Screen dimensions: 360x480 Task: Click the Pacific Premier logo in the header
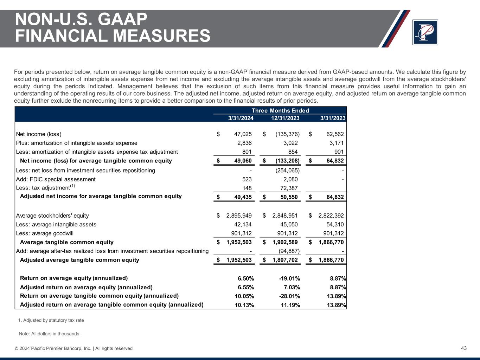[x=425, y=32]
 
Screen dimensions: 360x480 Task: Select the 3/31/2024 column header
[x=241, y=118]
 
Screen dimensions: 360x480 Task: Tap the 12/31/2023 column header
[x=285, y=118]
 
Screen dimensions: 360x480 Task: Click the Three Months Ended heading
[x=280, y=111]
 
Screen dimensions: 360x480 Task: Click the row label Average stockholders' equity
[x=52, y=216]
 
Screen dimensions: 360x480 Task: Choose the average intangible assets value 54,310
[x=333, y=224]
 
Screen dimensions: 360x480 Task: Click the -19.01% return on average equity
[x=289, y=278]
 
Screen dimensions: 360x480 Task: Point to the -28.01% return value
[x=289, y=296]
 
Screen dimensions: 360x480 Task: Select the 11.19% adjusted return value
[x=290, y=305]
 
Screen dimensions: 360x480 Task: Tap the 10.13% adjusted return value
[x=244, y=305]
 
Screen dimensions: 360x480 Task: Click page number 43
[x=464, y=348]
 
